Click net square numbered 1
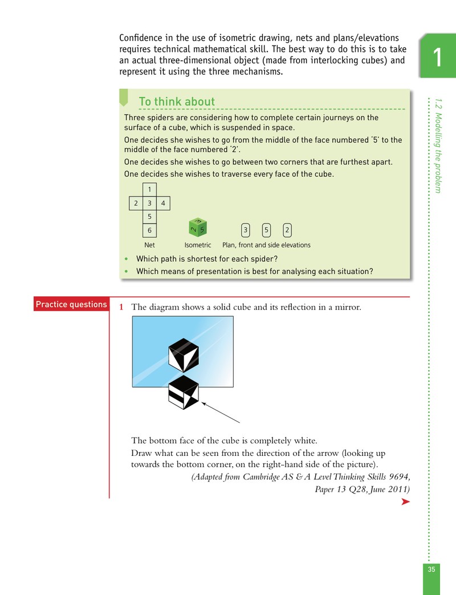149,189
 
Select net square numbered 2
136,203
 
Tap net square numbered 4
163,203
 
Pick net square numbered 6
149,230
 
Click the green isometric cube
198,227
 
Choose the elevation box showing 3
246,230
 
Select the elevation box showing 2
287,230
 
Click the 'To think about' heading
177,101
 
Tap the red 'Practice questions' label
71,304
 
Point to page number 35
431,569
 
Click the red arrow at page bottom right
405,502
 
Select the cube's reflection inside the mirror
184,355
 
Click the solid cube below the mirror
184,392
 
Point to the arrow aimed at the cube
221,413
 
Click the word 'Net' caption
149,245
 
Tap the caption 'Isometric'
198,245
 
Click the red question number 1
121,307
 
